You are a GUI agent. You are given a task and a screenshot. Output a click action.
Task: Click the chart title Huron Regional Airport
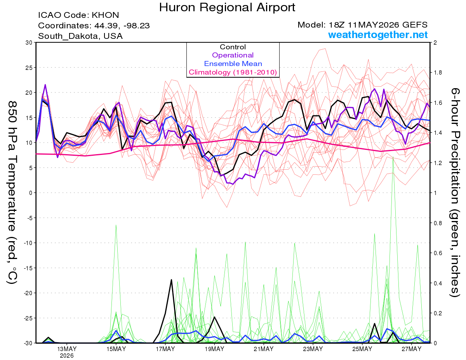[x=227, y=7]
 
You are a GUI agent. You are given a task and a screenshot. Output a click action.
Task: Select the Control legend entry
[x=233, y=47]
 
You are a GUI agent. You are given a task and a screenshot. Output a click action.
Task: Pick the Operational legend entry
[x=233, y=55]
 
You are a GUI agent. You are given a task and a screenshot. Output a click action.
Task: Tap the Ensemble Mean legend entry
[x=233, y=64]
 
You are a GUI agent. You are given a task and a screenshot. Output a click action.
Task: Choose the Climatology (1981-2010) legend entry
[x=233, y=72]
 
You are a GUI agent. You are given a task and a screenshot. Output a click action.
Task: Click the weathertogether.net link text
[x=378, y=35]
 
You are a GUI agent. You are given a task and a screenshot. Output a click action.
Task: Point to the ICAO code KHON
[x=105, y=15]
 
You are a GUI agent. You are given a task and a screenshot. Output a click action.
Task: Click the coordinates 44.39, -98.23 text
[x=122, y=26]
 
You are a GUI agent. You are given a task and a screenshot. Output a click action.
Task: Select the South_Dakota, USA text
[x=80, y=36]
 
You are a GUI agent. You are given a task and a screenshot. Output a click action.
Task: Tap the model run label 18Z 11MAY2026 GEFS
[x=378, y=25]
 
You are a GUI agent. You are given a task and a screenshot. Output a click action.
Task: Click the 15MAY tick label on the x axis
[x=116, y=349]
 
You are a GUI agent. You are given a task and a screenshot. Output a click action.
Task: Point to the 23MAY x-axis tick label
[x=313, y=349]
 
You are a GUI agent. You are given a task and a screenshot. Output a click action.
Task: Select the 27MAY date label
[x=412, y=349]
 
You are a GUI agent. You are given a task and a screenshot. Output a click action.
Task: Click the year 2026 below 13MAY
[x=67, y=356]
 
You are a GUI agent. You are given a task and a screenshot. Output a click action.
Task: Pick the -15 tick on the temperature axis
[x=28, y=268]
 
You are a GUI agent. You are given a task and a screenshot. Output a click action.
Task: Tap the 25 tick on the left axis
[x=29, y=68]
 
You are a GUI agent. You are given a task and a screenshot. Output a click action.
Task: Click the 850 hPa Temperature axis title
[x=12, y=193]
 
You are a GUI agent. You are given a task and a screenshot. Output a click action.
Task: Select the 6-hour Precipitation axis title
[x=454, y=193]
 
